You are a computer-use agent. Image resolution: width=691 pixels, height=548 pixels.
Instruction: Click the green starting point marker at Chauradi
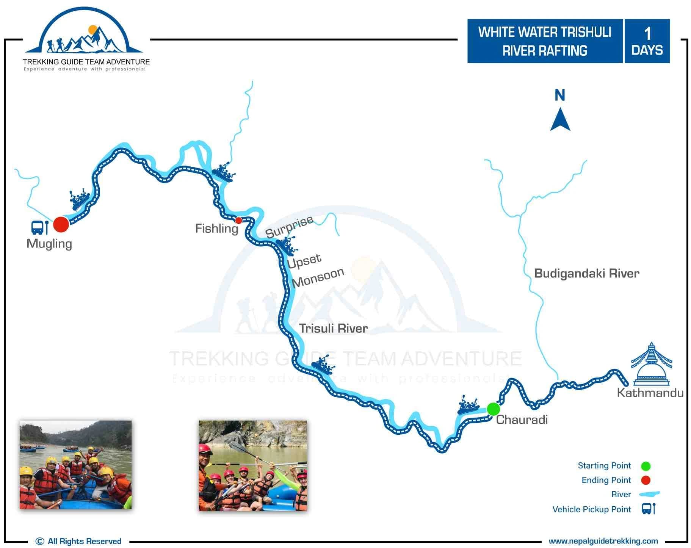click(493, 409)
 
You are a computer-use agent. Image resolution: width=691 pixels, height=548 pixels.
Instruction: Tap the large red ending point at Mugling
click(61, 224)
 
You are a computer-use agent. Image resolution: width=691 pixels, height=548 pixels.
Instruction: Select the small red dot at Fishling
click(238, 220)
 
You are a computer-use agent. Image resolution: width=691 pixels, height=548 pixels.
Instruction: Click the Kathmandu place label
click(650, 393)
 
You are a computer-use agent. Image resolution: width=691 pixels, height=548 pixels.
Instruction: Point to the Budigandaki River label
click(586, 273)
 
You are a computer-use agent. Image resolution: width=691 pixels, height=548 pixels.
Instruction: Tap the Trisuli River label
click(333, 328)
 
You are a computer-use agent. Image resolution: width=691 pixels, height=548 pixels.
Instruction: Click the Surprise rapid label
click(289, 227)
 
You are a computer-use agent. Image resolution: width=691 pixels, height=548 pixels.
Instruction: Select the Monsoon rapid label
click(318, 277)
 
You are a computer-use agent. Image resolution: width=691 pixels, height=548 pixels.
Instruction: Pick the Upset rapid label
click(304, 261)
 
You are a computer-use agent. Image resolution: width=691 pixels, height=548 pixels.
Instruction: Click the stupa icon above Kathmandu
click(651, 363)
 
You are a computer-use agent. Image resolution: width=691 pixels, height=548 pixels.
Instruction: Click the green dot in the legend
click(646, 466)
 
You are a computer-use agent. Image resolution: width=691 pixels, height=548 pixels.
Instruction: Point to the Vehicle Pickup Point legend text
click(591, 509)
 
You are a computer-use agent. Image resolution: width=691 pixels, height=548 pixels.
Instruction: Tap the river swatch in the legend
click(649, 494)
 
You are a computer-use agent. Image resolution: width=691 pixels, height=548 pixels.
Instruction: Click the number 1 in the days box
click(647, 34)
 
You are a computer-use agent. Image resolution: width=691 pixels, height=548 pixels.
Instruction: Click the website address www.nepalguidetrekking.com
click(603, 541)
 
